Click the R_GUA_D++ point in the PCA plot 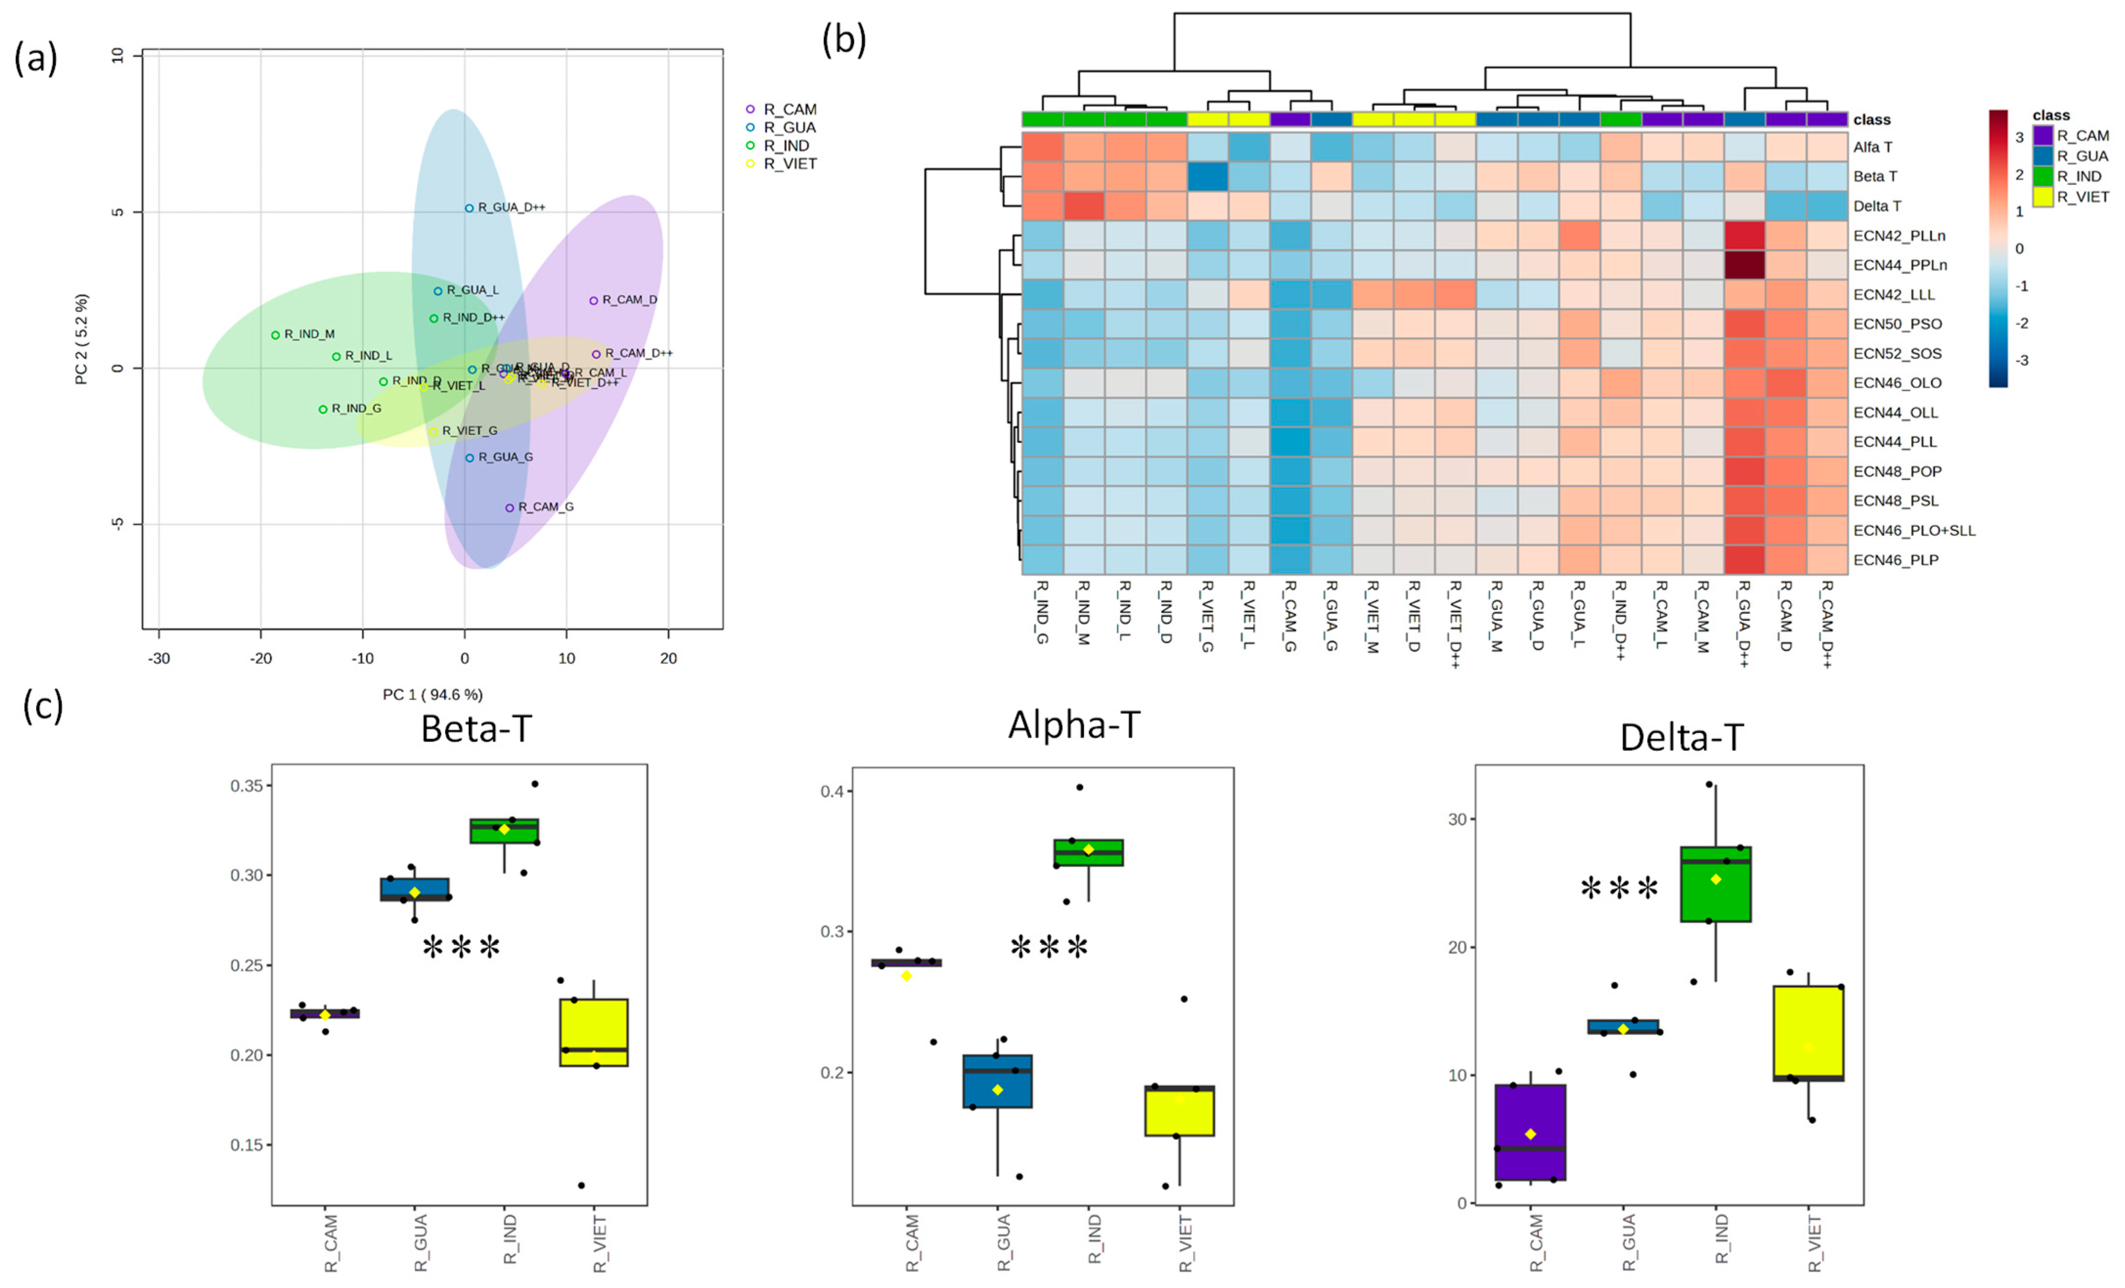[469, 208]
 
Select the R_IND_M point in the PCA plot [275, 334]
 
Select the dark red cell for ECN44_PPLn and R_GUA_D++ [1744, 264]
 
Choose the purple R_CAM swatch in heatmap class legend [2042, 135]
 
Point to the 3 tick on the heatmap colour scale [2019, 138]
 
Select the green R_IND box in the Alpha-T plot [1088, 852]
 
